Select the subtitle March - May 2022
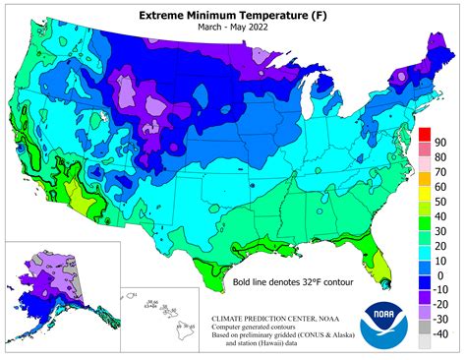coord(232,30)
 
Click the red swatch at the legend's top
coord(424,135)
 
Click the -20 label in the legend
coord(443,305)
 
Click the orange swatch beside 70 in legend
coord(424,165)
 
